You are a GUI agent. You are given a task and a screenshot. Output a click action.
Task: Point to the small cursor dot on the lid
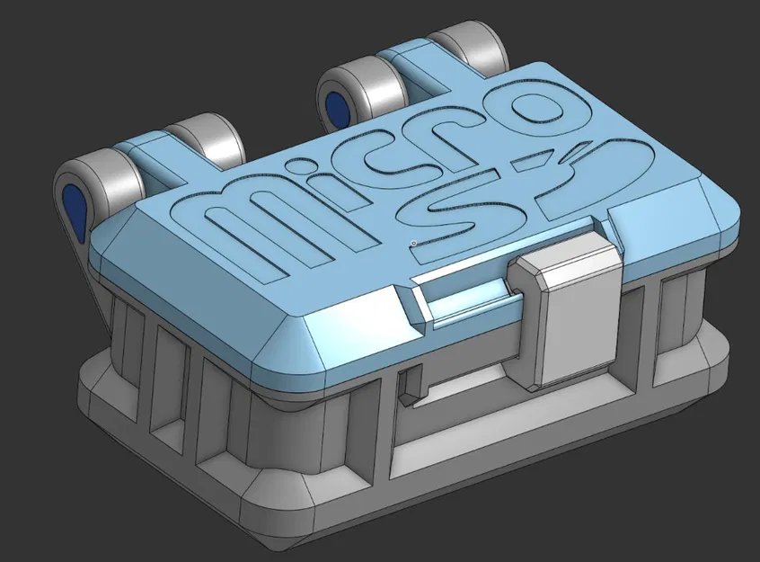tap(413, 243)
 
